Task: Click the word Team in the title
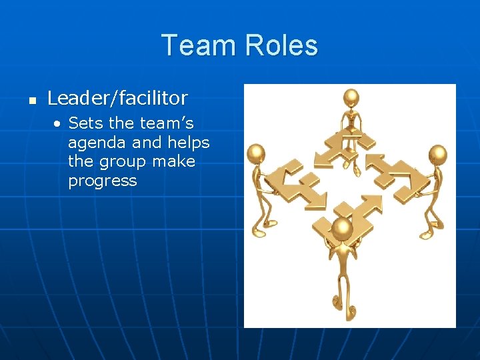pos(199,45)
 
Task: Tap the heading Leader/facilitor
pos(117,99)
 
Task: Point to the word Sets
pos(85,123)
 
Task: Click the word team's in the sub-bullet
pos(165,123)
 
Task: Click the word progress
pos(102,181)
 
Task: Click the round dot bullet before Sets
pos(59,124)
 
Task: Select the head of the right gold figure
pos(437,155)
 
